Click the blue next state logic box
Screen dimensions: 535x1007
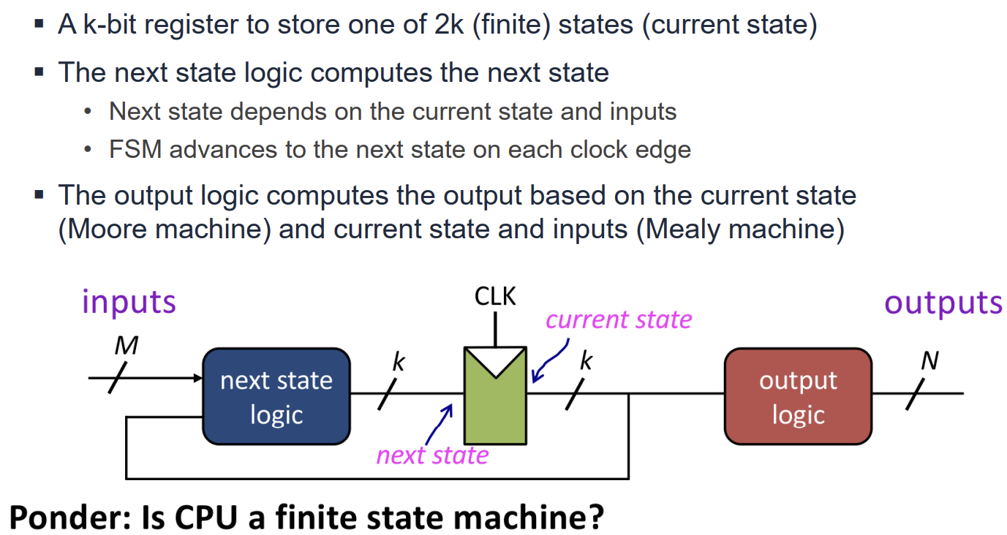(x=276, y=396)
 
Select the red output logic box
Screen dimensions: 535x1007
(x=798, y=396)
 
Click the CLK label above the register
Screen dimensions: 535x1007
(x=495, y=297)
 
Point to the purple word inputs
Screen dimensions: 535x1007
(x=129, y=302)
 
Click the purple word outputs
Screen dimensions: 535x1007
(x=943, y=302)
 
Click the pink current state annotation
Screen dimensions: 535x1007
(x=619, y=319)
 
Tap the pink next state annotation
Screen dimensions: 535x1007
(x=432, y=455)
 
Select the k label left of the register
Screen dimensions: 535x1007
(x=399, y=362)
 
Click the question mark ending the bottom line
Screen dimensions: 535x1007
(x=594, y=517)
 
